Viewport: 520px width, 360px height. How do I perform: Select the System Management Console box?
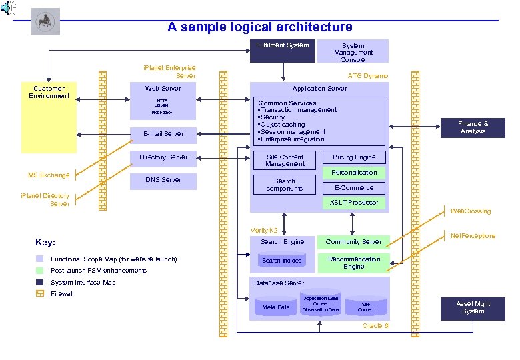click(353, 52)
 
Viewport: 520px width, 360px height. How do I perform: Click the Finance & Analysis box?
click(473, 127)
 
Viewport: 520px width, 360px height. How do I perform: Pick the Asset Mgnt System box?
click(473, 308)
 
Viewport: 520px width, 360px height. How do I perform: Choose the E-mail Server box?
click(163, 134)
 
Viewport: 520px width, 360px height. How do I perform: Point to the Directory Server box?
click(163, 158)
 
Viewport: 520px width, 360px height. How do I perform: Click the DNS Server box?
click(163, 180)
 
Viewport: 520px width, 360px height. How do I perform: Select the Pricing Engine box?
click(354, 157)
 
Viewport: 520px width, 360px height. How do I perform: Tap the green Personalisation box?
click(354, 173)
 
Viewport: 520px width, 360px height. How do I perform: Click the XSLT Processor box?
click(354, 203)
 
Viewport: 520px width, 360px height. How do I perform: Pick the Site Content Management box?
click(285, 161)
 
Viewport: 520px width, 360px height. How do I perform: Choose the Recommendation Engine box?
click(354, 263)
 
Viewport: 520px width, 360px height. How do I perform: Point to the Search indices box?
click(282, 261)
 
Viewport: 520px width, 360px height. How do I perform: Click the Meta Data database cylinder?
click(276, 307)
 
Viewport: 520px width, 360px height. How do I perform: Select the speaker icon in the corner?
click(7, 8)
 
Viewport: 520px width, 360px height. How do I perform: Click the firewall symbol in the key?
click(39, 294)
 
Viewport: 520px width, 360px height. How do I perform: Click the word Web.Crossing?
click(471, 211)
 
